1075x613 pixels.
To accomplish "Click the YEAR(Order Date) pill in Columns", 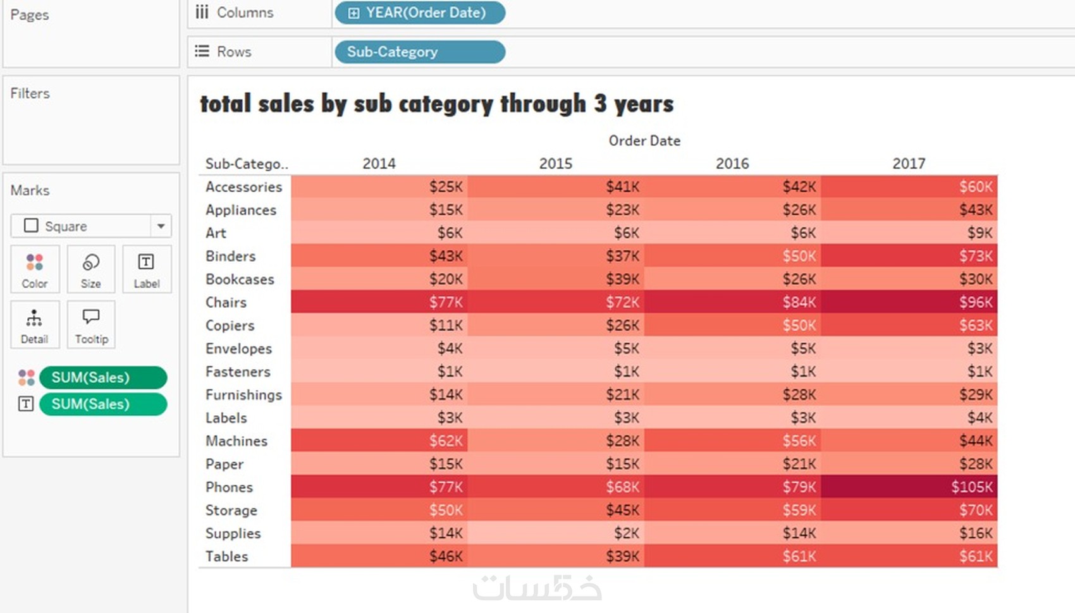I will [420, 13].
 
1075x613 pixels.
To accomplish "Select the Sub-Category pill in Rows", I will [420, 52].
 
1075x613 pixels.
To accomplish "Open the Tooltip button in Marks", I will [91, 325].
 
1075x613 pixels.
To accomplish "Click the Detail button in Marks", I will [35, 325].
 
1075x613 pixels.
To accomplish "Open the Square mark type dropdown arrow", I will [161, 226].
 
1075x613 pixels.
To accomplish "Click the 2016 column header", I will [732, 164].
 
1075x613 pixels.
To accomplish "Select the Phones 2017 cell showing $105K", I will [909, 487].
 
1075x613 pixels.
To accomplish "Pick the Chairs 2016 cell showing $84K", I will [732, 302].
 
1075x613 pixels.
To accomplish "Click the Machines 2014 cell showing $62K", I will [379, 440].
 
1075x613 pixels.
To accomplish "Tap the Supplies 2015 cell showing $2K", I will [556, 533].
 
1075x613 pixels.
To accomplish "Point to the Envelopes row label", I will [238, 349].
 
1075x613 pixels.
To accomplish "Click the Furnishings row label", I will [243, 395].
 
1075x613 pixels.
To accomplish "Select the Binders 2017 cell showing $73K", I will [909, 256].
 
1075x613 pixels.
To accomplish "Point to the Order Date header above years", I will [644, 141].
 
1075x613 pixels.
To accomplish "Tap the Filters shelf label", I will [30, 94].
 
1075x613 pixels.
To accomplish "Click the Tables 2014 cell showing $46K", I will [379, 556].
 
